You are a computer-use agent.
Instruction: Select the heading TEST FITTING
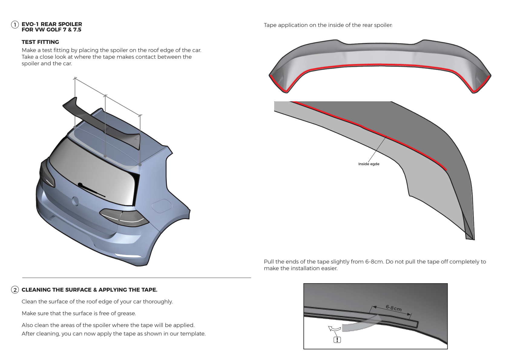(x=40, y=42)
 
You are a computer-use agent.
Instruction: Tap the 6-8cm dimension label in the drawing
(x=393, y=308)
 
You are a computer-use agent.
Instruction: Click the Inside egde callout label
(x=369, y=164)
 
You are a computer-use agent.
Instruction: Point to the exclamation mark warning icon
(x=337, y=340)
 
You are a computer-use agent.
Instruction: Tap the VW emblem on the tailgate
(x=74, y=201)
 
